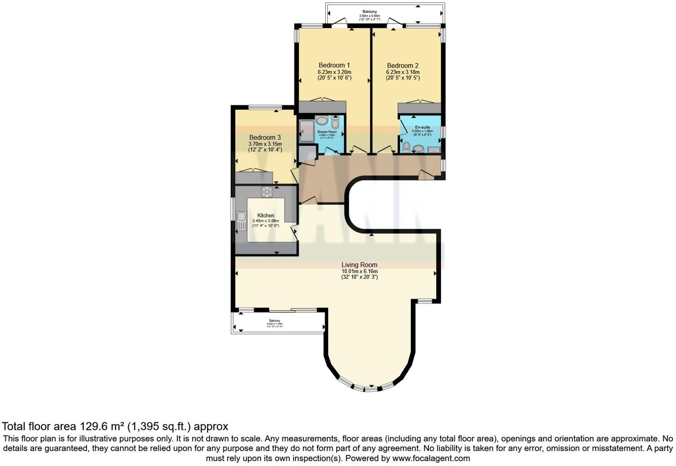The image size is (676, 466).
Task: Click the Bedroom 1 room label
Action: click(334, 65)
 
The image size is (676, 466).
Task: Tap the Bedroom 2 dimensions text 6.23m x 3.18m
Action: click(402, 72)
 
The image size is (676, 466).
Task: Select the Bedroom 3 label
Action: click(265, 138)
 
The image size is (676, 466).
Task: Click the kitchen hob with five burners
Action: click(267, 192)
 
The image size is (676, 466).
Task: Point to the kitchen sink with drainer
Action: click(241, 221)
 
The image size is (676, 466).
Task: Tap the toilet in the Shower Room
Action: click(335, 123)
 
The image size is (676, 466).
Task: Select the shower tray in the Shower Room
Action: click(306, 131)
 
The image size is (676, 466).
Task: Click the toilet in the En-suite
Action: click(406, 146)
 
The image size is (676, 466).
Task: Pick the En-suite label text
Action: click(422, 127)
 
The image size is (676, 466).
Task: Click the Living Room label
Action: click(359, 265)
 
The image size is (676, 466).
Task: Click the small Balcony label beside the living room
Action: click(274, 321)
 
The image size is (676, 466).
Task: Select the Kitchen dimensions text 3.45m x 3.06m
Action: click(266, 221)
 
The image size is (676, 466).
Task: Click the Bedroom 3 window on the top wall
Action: click(265, 107)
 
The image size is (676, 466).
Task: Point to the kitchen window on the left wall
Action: click(233, 209)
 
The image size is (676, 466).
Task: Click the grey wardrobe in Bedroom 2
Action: click(419, 108)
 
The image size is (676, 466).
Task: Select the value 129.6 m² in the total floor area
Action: click(102, 426)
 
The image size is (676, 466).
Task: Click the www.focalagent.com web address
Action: click(431, 458)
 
